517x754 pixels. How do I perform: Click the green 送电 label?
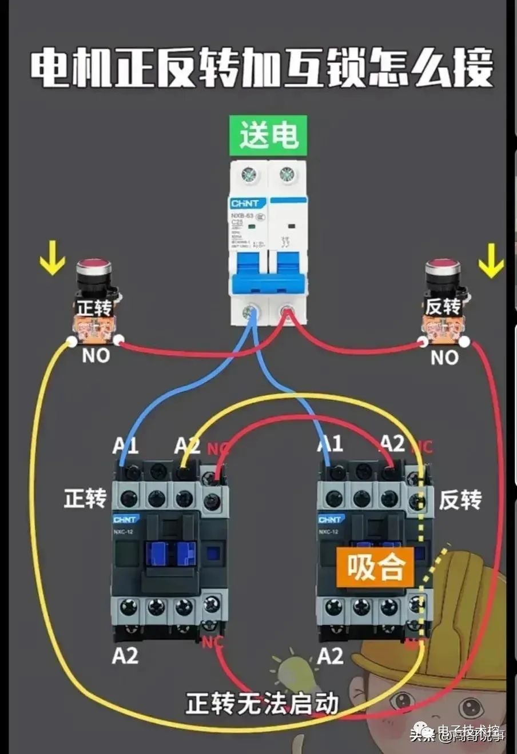click(x=268, y=135)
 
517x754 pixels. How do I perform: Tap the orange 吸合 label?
click(x=376, y=567)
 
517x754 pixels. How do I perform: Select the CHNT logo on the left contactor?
click(x=125, y=520)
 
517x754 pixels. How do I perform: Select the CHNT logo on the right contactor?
click(x=330, y=520)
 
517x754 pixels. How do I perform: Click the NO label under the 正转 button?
click(x=96, y=356)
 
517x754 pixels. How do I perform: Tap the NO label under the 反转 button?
click(x=444, y=358)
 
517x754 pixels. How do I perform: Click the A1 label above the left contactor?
click(x=125, y=446)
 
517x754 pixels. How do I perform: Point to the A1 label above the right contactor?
click(x=330, y=444)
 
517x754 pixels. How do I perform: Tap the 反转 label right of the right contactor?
click(x=460, y=500)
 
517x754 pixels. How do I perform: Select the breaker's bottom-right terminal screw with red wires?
click(x=286, y=312)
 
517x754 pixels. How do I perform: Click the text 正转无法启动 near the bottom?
click(x=263, y=703)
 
